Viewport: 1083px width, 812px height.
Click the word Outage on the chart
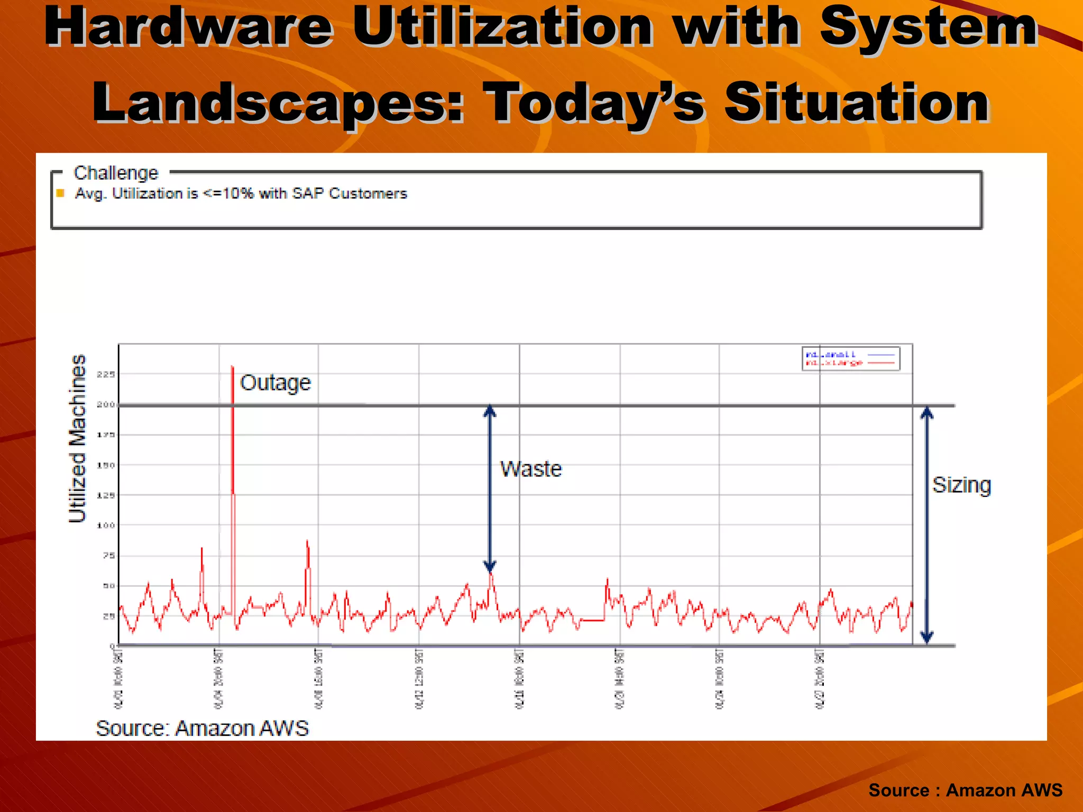click(x=275, y=382)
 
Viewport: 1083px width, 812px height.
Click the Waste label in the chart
click(x=531, y=469)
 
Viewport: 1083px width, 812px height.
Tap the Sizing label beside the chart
click(x=961, y=485)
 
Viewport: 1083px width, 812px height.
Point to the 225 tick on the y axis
click(x=106, y=374)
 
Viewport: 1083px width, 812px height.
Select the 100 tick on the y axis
click(x=106, y=525)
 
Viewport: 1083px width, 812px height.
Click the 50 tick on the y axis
click(x=108, y=586)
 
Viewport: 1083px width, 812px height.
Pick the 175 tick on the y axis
click(x=106, y=435)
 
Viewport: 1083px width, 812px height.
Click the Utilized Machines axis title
click(x=78, y=439)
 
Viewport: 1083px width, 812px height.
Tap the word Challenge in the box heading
click(x=116, y=173)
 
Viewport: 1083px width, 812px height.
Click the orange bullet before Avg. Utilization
click(x=60, y=193)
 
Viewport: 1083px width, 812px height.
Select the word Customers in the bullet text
click(x=368, y=193)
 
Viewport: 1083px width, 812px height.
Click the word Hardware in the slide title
click(x=189, y=27)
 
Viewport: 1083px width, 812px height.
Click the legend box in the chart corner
click(x=850, y=358)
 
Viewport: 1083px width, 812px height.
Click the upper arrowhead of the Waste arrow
click(x=490, y=411)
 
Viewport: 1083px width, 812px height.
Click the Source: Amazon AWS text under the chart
click(x=202, y=728)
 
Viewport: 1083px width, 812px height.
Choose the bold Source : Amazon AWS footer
click(x=965, y=790)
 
